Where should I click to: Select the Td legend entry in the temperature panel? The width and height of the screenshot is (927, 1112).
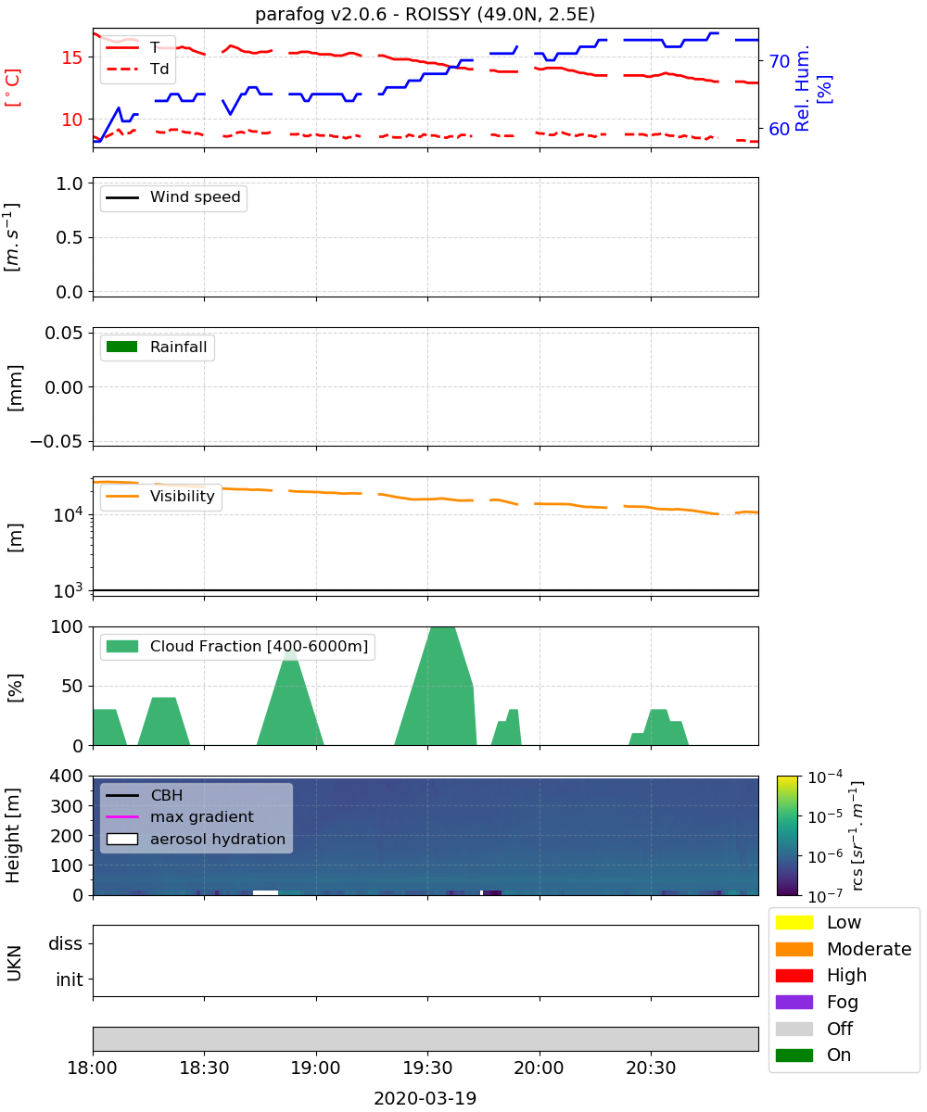point(137,69)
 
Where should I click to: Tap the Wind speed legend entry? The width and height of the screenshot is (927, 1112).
point(173,197)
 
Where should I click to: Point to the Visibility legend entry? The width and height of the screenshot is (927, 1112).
point(159,496)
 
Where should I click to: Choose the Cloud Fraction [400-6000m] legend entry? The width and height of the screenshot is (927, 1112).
point(237,646)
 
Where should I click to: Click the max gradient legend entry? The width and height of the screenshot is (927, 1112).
point(180,816)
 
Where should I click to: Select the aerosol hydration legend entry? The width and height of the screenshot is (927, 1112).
point(196,839)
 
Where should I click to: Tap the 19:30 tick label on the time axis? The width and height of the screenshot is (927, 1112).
point(427,1068)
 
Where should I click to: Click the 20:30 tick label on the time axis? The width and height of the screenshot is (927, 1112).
point(651,1068)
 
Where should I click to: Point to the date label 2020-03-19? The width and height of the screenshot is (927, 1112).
point(425,1098)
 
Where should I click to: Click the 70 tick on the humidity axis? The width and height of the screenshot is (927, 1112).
point(779,61)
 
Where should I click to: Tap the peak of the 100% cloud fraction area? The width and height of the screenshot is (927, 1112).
point(443,627)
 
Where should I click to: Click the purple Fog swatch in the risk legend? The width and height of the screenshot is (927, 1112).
point(794,1002)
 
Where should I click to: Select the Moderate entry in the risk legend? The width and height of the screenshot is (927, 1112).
point(843,949)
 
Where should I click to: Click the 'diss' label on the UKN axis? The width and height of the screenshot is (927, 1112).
point(65,943)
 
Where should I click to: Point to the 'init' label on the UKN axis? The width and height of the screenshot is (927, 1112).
point(70,979)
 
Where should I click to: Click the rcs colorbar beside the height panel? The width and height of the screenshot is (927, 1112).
point(787,836)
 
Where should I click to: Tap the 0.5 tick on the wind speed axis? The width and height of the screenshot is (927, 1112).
point(70,237)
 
